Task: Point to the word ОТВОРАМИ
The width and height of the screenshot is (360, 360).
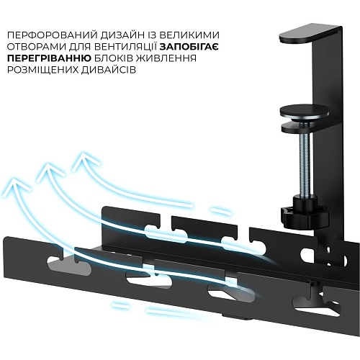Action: [36, 47]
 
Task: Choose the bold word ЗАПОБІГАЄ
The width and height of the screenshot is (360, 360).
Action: [189, 47]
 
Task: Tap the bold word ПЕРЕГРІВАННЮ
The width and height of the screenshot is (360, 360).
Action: [49, 58]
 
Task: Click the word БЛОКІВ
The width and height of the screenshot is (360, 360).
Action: [116, 58]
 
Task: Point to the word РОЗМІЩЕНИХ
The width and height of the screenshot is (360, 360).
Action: [42, 70]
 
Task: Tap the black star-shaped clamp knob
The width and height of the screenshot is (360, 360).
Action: [305, 216]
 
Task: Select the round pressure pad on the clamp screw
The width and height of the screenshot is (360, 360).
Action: [304, 112]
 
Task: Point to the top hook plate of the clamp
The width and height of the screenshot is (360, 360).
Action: [310, 35]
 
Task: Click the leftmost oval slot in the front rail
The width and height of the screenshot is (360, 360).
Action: [70, 265]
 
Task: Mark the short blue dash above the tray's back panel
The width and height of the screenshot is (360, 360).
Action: [221, 212]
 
